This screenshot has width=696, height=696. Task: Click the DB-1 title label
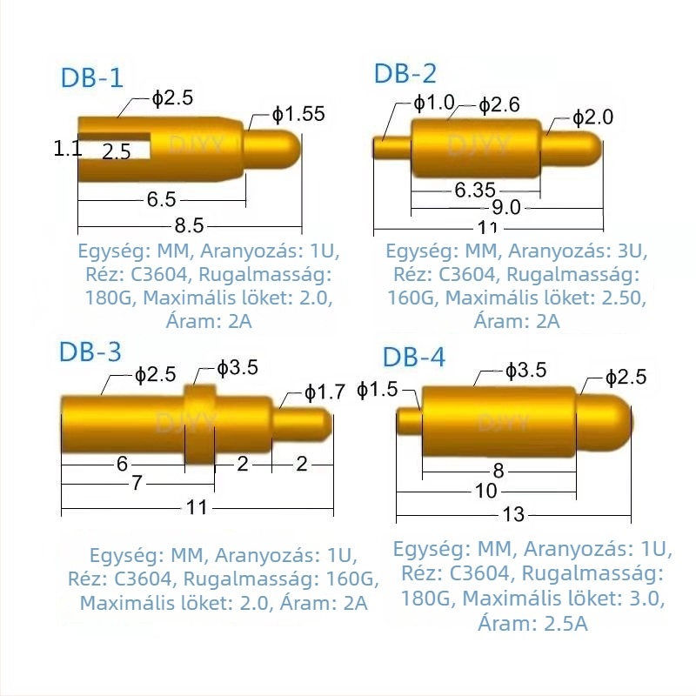[x=91, y=77]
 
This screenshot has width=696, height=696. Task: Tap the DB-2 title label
[x=405, y=73]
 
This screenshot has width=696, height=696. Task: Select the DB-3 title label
[x=90, y=351]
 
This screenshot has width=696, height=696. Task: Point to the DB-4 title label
[x=414, y=357]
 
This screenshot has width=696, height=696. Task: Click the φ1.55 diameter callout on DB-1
[x=298, y=114]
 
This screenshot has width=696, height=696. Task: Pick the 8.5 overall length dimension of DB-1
[x=189, y=225]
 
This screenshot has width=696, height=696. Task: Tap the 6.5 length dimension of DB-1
[x=162, y=199]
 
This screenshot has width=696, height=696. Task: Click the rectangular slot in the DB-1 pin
[x=115, y=145]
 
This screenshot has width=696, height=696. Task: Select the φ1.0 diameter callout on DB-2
[x=433, y=103]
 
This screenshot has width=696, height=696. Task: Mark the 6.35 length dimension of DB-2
[x=474, y=190]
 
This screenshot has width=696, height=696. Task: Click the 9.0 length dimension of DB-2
[x=506, y=207]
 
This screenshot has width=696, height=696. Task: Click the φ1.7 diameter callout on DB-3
[x=325, y=392]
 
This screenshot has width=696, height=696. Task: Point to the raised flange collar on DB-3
[x=199, y=425]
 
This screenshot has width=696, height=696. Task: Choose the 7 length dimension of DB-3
[x=137, y=483]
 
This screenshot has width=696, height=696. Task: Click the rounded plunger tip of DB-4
[x=605, y=423]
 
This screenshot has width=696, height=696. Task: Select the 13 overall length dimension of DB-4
[x=513, y=514]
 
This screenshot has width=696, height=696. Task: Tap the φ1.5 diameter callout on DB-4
[x=378, y=390]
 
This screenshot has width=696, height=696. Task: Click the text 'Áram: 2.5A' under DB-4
[x=532, y=623]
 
